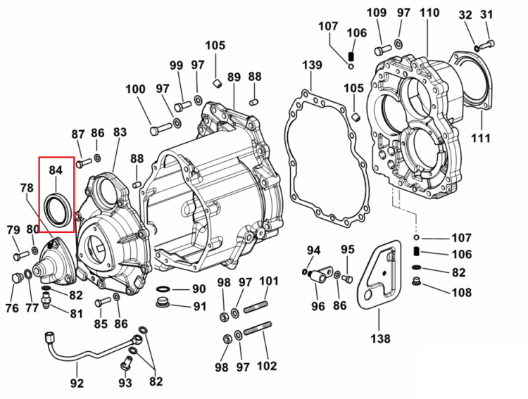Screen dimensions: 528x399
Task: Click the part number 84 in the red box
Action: [x=56, y=170]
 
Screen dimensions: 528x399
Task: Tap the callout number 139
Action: [x=312, y=65]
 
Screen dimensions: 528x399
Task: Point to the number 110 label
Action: [x=429, y=13]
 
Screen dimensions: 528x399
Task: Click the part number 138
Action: [x=380, y=338]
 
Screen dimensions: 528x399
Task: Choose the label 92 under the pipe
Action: [x=77, y=384]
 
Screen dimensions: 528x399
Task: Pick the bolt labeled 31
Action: [x=486, y=44]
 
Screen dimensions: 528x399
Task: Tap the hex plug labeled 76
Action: [x=16, y=279]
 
